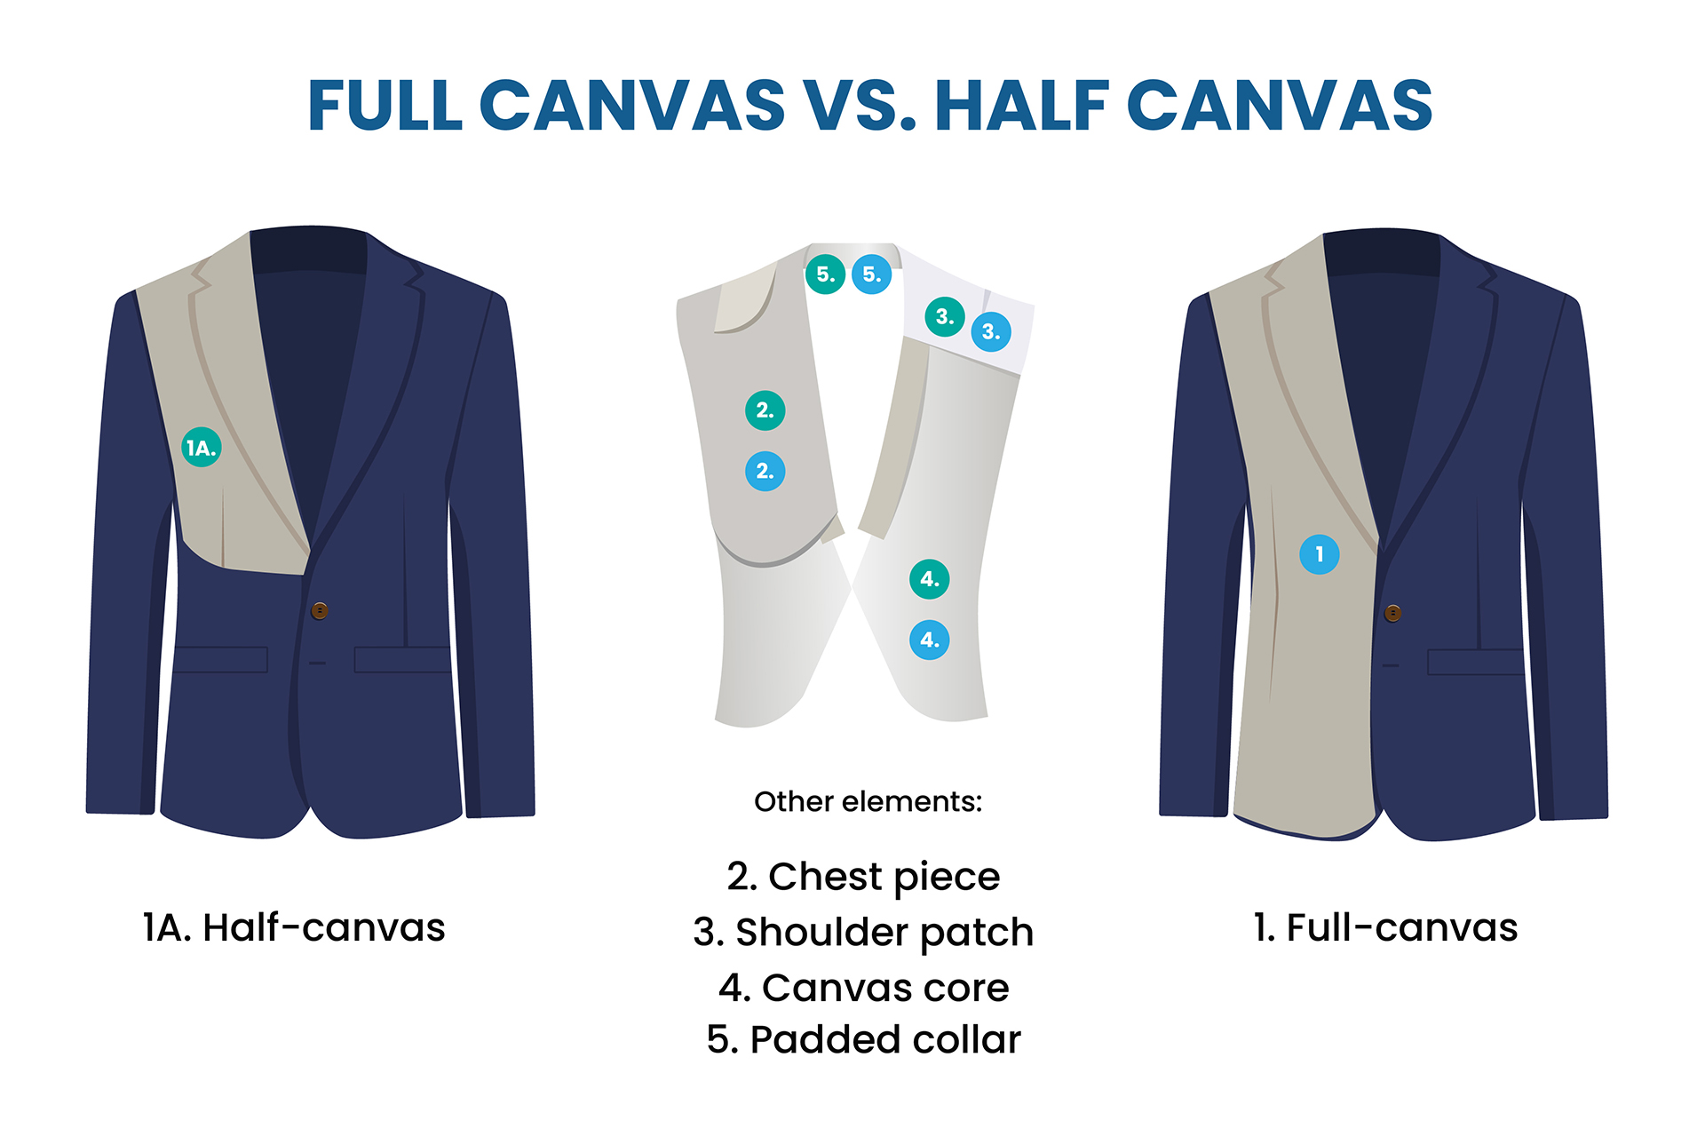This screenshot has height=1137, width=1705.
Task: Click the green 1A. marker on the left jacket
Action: click(202, 447)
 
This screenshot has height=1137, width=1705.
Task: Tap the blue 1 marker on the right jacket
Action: click(1320, 554)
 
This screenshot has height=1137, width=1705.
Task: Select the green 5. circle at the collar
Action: click(825, 274)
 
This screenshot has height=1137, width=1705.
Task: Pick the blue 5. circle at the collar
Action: click(872, 274)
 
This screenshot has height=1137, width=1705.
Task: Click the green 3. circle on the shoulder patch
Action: click(945, 316)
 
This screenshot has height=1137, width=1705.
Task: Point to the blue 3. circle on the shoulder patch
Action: click(991, 331)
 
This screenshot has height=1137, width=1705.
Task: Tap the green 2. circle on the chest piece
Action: click(765, 410)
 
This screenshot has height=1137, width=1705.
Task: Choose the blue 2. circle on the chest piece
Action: click(765, 471)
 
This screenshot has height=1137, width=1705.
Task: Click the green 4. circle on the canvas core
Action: click(930, 579)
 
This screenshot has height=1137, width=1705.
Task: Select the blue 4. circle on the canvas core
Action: click(930, 640)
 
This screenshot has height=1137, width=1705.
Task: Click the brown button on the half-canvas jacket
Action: click(320, 610)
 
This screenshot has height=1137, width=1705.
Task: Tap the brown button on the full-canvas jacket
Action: click(1392, 613)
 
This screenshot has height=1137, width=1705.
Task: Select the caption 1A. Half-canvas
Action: click(294, 927)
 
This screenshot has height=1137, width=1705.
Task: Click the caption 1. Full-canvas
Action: click(1385, 927)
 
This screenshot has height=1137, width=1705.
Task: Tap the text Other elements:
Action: click(868, 801)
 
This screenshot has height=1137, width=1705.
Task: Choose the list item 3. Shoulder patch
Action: click(863, 933)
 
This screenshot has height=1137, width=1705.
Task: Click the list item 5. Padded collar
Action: click(863, 1039)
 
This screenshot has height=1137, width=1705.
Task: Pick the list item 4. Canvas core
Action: click(863, 987)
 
